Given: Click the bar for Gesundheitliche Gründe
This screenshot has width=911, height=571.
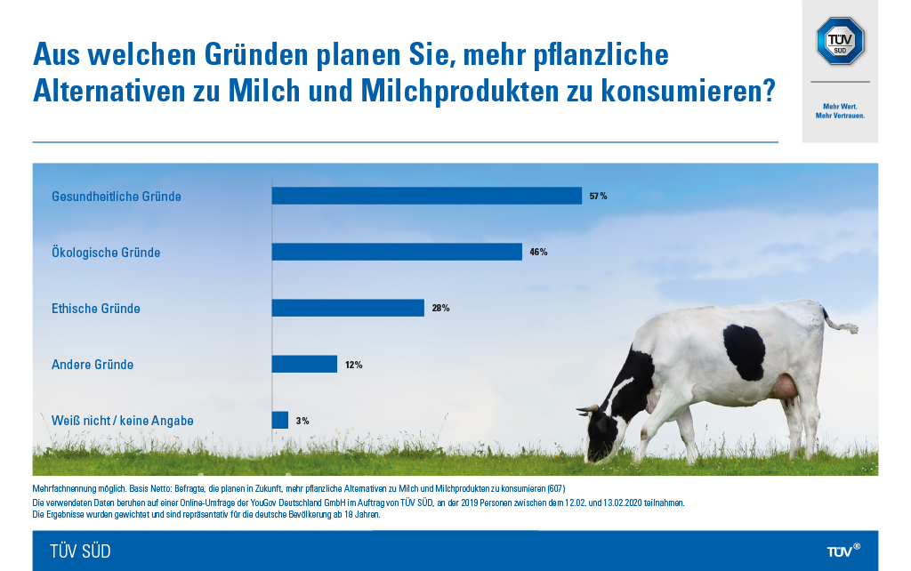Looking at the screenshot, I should (x=426, y=196).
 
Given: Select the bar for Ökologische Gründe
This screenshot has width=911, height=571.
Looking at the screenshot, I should (x=396, y=252).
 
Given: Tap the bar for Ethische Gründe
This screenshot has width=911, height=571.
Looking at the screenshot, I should (x=347, y=308).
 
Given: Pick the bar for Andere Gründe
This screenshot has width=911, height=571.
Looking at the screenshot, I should (x=304, y=364).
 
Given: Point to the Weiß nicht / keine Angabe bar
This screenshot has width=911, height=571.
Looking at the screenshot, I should (x=279, y=420).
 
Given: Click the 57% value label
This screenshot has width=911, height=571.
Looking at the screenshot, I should (x=598, y=196).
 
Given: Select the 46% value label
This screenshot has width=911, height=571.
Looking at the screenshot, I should (x=538, y=252).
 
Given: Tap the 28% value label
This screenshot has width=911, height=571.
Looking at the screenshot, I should (x=440, y=308).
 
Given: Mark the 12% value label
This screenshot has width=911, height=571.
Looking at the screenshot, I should (x=353, y=365).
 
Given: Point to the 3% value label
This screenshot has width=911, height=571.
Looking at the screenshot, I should (x=302, y=421).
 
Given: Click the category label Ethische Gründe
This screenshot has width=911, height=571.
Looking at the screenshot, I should (x=96, y=309).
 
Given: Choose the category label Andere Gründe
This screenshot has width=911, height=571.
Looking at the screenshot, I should (x=93, y=365).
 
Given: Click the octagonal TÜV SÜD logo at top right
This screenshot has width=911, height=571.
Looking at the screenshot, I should (x=840, y=41).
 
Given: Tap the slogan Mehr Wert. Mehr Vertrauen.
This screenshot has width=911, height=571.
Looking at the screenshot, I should (x=840, y=111).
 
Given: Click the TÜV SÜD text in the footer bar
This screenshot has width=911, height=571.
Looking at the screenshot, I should (x=80, y=551).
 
